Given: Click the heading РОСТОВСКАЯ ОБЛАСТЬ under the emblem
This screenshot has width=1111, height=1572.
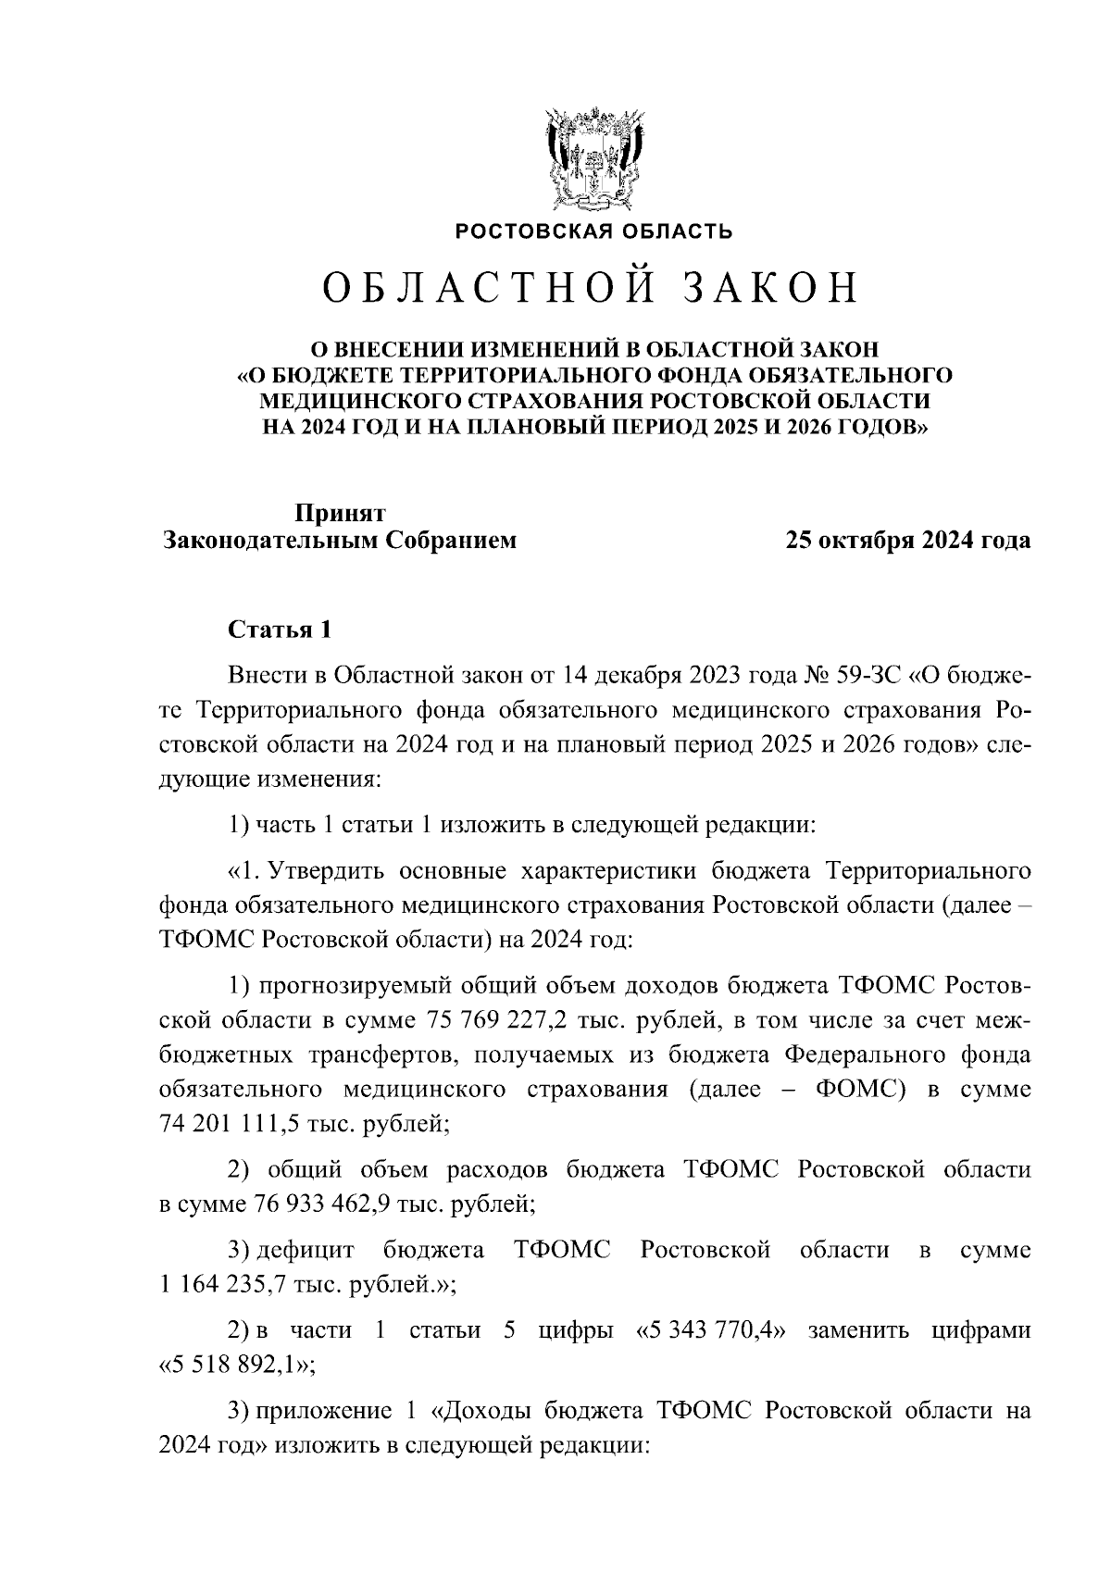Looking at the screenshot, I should point(593,231).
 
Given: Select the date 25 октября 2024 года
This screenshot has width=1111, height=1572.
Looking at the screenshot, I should point(907,541).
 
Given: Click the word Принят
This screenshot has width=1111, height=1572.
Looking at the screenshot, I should point(340,512).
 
